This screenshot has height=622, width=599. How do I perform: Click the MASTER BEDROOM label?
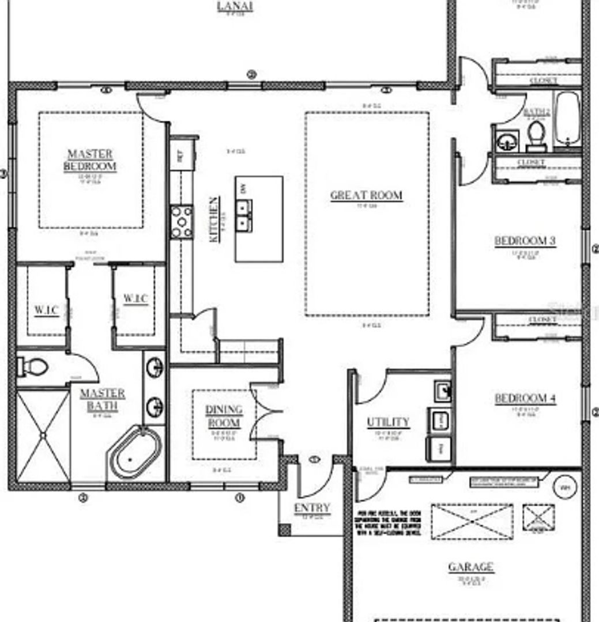click(x=90, y=160)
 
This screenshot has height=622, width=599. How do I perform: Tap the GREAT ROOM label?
click(x=366, y=195)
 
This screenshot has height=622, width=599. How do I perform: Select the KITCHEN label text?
click(x=214, y=219)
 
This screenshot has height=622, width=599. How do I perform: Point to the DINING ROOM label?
click(x=224, y=416)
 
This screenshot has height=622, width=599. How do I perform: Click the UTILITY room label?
click(x=388, y=422)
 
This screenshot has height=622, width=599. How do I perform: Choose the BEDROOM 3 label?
click(x=525, y=241)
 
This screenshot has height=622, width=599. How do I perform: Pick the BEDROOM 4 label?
click(x=525, y=399)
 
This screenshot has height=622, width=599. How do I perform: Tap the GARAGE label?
click(x=470, y=567)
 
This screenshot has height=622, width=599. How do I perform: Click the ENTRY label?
click(x=312, y=508)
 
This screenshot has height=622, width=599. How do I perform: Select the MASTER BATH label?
click(x=102, y=400)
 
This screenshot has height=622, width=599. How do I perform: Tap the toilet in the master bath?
click(x=34, y=366)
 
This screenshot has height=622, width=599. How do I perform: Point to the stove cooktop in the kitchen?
click(x=182, y=222)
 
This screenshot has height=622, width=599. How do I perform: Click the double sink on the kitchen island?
click(x=244, y=213)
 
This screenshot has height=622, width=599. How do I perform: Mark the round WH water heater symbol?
click(x=564, y=488)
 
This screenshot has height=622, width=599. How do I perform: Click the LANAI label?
click(x=235, y=6)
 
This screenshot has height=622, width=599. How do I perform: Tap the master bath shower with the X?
click(x=43, y=436)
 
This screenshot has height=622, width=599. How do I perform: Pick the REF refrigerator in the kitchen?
click(x=179, y=155)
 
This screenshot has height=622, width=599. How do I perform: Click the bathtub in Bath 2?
click(x=567, y=119)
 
